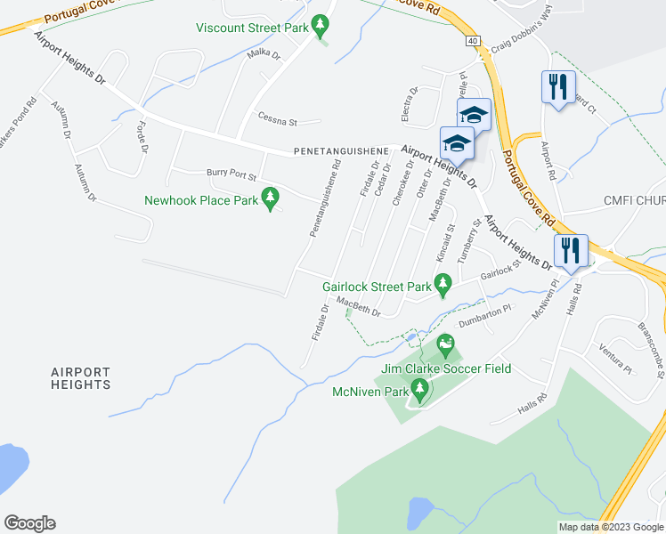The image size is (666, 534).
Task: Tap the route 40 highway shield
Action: coord(472,41)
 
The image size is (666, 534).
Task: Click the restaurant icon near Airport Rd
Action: coord(555,87)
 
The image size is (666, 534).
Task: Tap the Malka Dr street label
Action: coord(263,56)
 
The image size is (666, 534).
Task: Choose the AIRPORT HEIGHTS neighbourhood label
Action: coord(81,378)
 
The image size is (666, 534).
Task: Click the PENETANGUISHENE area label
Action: coord(341,152)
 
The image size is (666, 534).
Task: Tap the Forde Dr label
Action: coord(141,137)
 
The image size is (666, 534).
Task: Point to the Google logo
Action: coord(29,522)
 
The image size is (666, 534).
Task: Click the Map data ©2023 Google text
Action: coord(611,527)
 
